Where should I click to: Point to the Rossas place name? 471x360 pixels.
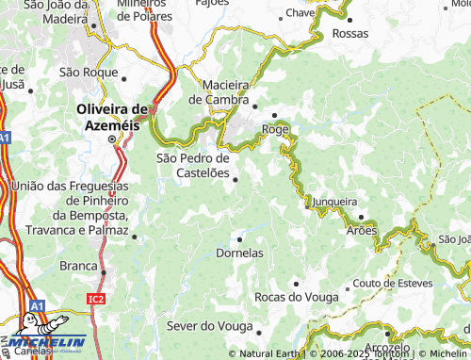[350, 34]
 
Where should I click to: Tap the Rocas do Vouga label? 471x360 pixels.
[295, 297]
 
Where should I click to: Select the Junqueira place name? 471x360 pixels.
[336, 201]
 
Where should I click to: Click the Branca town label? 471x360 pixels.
[78, 266]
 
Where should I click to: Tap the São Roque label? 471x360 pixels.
[86, 71]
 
